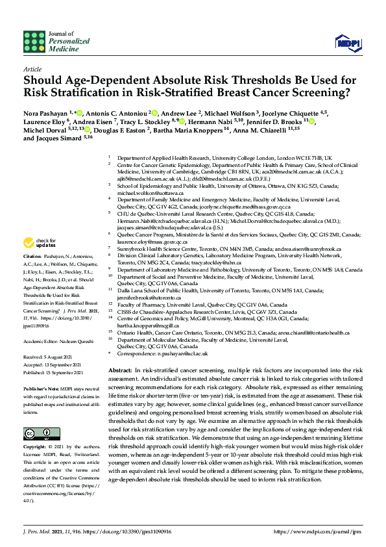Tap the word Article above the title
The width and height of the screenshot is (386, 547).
[x=32, y=68]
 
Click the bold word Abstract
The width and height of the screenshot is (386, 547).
[x=123, y=369]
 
